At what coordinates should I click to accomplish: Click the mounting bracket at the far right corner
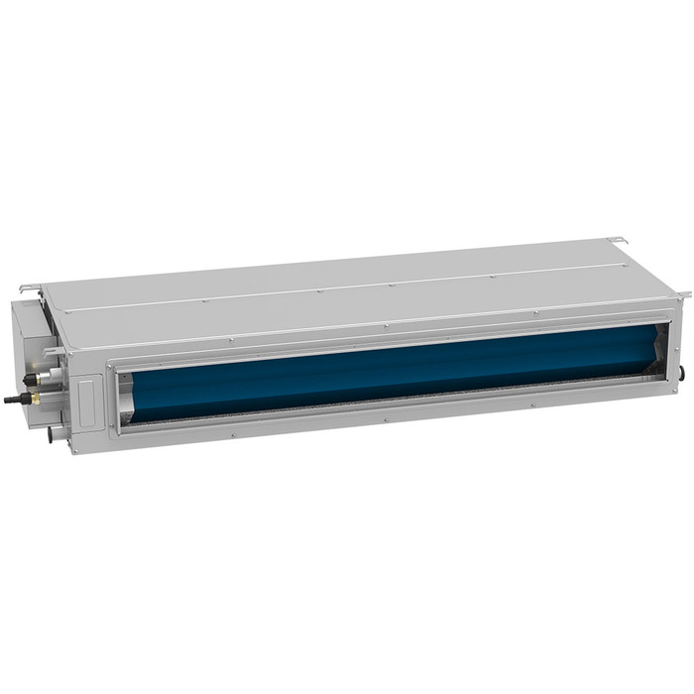click(683, 293)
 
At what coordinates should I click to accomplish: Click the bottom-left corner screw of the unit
click(72, 450)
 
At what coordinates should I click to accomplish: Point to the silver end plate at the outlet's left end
click(127, 392)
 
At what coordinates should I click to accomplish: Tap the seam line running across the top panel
click(347, 288)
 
